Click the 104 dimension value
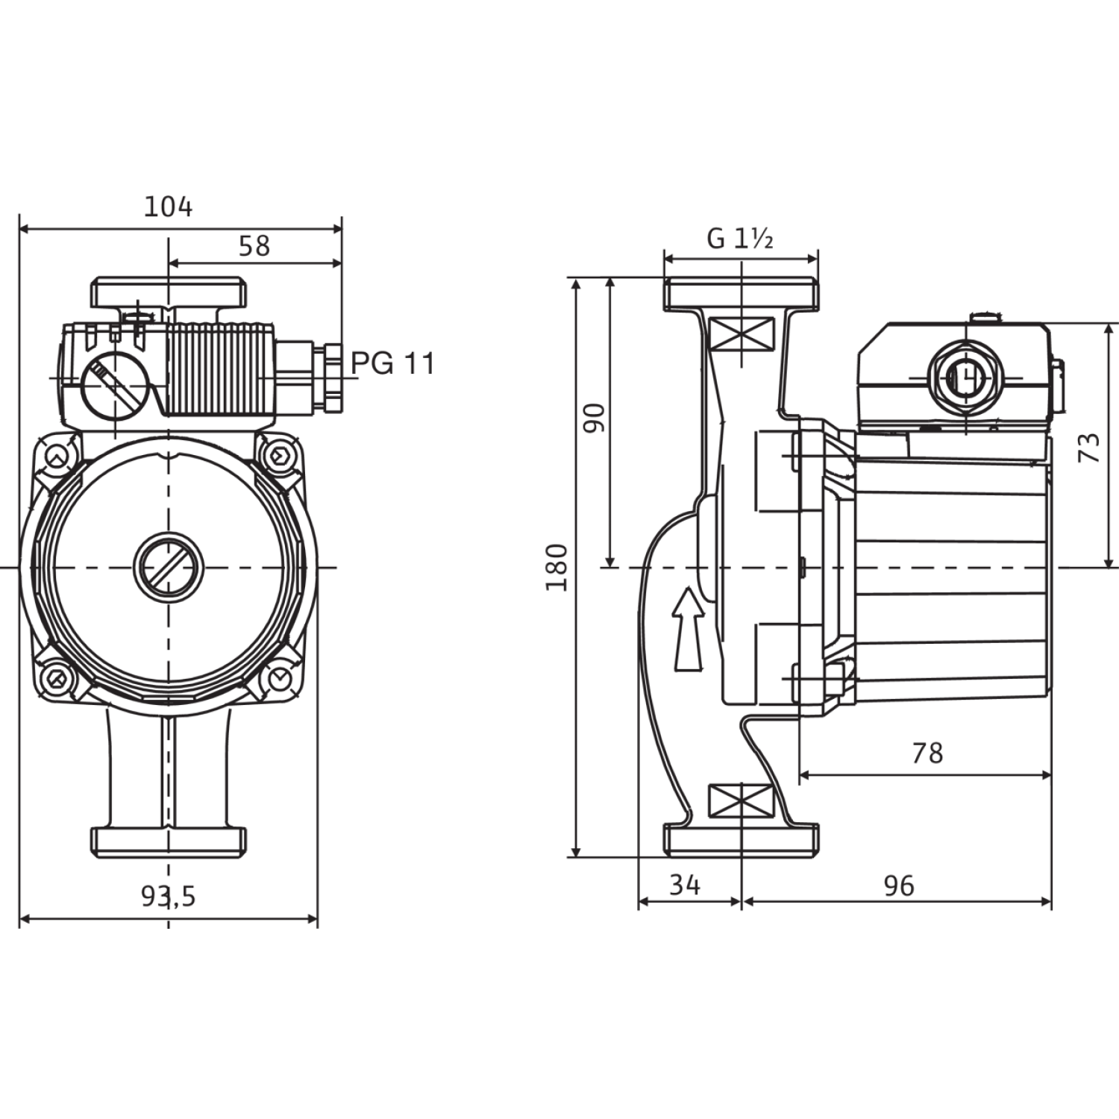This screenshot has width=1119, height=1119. coord(168,207)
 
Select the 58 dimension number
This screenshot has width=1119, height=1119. coord(254,245)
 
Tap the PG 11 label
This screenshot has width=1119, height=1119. coord(392,363)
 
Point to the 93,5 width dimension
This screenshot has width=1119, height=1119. coord(169,896)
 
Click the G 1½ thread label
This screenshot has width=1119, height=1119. coord(739,239)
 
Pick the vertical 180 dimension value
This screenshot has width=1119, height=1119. coord(557,568)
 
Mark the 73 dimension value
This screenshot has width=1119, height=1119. coord(1090,447)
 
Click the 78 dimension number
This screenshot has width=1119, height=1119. coord(927,753)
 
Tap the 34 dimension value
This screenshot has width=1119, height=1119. coord(685,885)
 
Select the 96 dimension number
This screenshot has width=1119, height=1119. coord(898,886)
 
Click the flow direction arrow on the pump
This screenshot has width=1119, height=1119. coord(689,628)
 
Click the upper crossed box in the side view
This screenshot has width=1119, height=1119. coord(742,333)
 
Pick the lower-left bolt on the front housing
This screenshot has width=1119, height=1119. coord(57,679)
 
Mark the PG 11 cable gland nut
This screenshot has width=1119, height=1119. coord(330,377)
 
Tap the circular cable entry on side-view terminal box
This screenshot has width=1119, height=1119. coord(965,377)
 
